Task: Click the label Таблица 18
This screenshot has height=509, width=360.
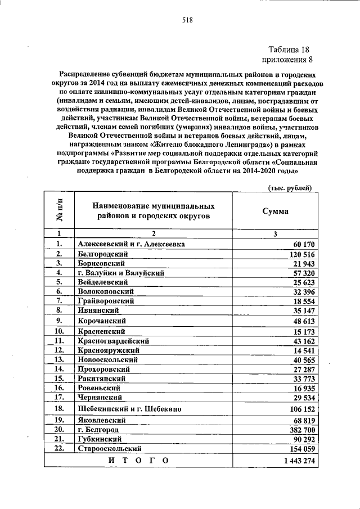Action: click(x=289, y=49)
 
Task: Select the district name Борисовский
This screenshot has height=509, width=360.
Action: click(x=101, y=263)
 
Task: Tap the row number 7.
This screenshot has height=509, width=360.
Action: click(x=59, y=300)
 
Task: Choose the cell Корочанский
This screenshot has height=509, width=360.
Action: click(x=102, y=321)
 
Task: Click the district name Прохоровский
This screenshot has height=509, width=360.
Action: click(x=105, y=369)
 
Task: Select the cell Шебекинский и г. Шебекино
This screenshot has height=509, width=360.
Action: click(x=130, y=408)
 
